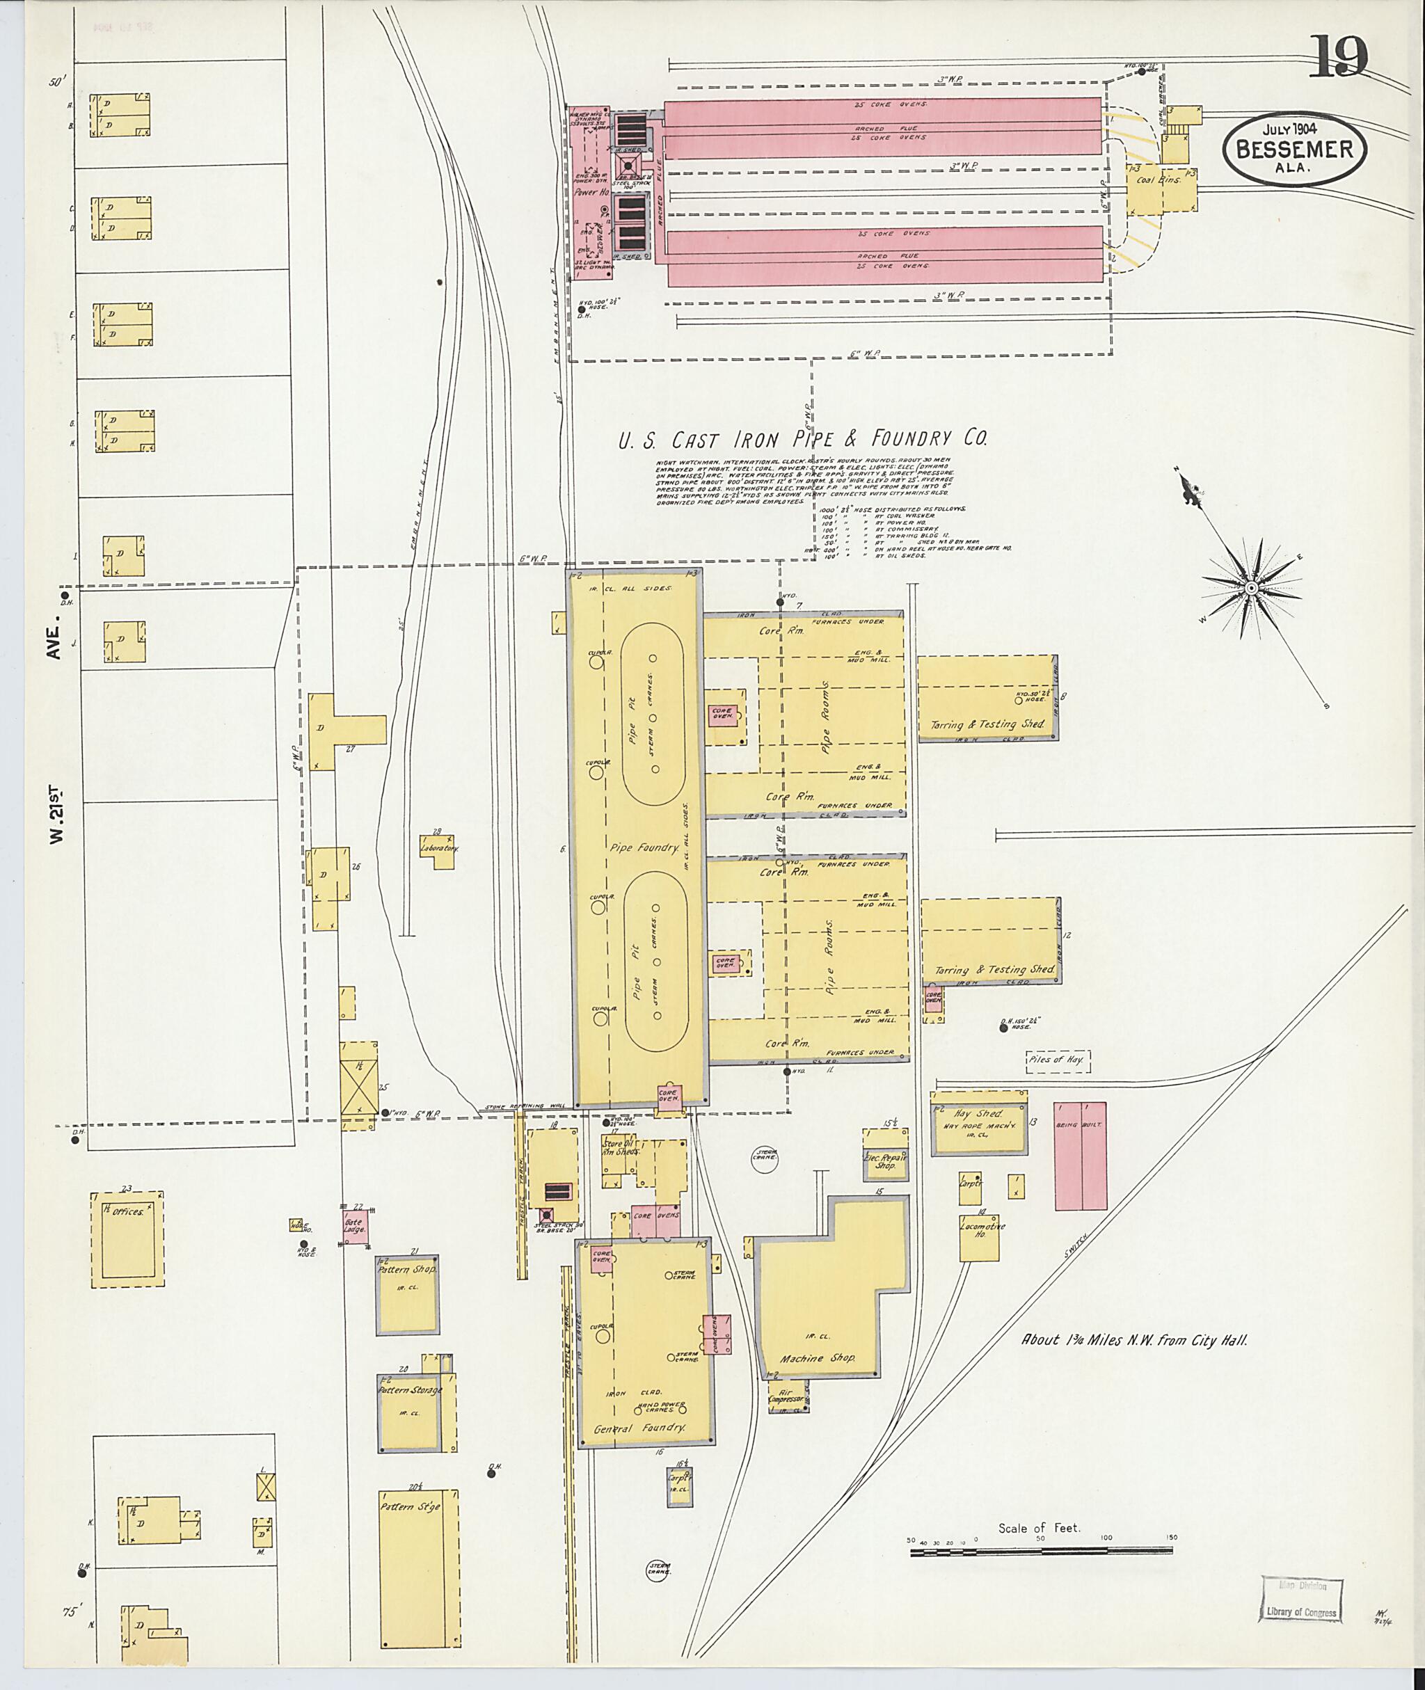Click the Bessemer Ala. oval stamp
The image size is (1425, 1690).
1293,150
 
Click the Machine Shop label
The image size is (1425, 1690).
817,1358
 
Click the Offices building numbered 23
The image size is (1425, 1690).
127,1238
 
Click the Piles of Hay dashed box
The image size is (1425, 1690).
1058,1062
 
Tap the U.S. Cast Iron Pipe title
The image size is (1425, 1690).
802,440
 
